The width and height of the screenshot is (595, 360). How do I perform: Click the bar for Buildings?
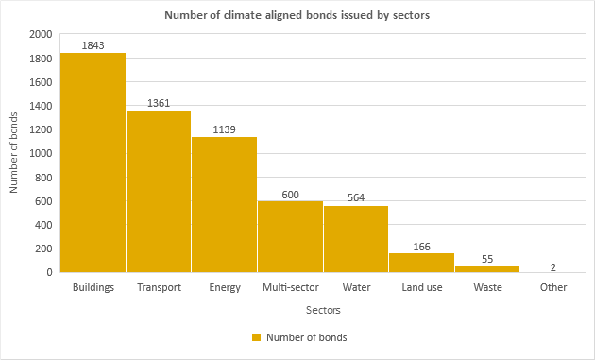pos(93,163)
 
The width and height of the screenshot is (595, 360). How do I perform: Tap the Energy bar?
pos(224,205)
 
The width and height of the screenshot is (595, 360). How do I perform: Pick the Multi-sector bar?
pos(290,237)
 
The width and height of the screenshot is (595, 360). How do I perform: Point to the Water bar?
pos(356,239)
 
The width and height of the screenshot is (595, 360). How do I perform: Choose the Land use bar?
pos(421,263)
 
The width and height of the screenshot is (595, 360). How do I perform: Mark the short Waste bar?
pos(487,269)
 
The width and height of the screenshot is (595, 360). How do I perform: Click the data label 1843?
pos(93,44)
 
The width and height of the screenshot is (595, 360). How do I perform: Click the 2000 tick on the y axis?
pos(41,34)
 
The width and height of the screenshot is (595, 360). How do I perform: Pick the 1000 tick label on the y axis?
pos(41,153)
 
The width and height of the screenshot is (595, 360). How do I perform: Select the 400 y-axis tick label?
pos(43,225)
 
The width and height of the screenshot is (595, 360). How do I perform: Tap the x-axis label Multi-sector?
pos(290,287)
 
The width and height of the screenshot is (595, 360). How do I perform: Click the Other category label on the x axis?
pos(552,287)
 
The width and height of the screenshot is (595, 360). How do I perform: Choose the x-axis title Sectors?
pos(323,309)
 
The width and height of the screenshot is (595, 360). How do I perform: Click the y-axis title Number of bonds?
pos(14,153)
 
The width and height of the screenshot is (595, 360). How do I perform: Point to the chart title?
pos(297,15)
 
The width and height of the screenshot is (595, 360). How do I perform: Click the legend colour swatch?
pos(256,337)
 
